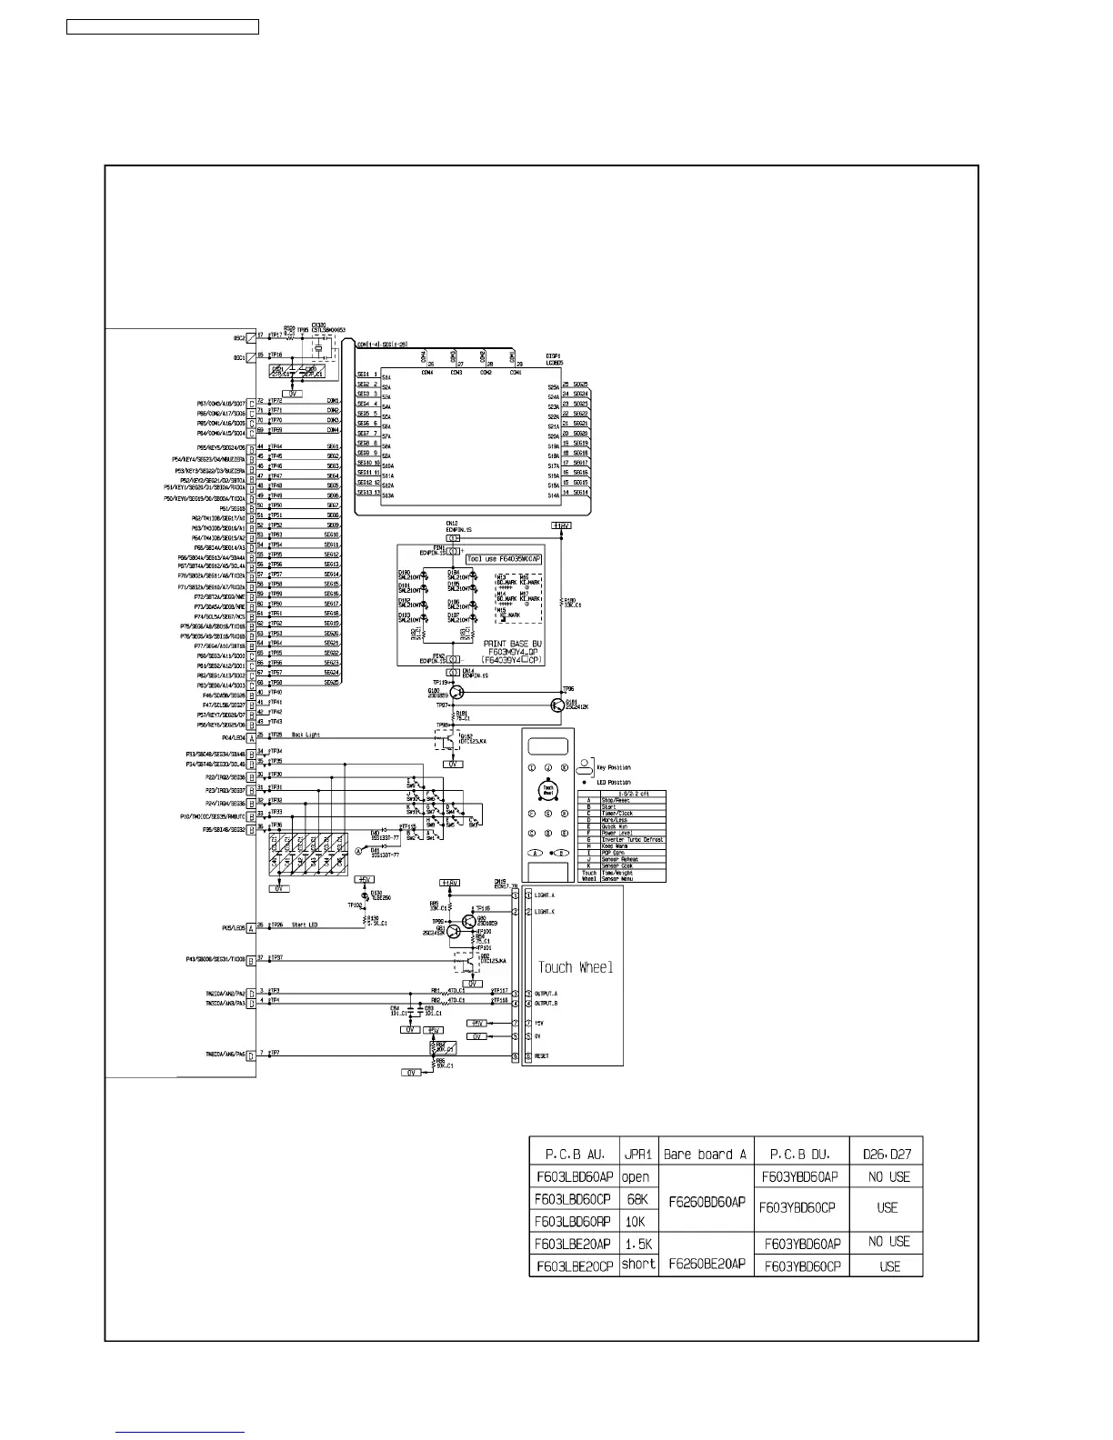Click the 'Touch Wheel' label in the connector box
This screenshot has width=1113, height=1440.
(x=576, y=967)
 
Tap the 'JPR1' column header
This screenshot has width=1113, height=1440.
(x=637, y=1155)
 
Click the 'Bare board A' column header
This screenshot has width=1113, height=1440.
(x=705, y=1155)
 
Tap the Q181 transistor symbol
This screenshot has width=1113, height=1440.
(x=557, y=705)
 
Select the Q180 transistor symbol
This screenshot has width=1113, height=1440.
(x=456, y=692)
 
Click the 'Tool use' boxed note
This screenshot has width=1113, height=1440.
(x=497, y=559)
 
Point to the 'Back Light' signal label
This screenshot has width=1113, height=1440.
(x=306, y=735)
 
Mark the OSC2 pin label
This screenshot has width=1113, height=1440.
(x=239, y=335)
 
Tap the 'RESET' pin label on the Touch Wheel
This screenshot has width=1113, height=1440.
(x=542, y=1056)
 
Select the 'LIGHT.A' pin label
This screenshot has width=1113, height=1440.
(x=546, y=895)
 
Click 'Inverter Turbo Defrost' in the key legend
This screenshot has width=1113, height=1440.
(x=632, y=839)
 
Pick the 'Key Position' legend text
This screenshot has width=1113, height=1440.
(x=614, y=767)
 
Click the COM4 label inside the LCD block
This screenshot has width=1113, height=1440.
(x=426, y=372)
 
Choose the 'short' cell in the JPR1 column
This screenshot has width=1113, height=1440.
(x=637, y=1265)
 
